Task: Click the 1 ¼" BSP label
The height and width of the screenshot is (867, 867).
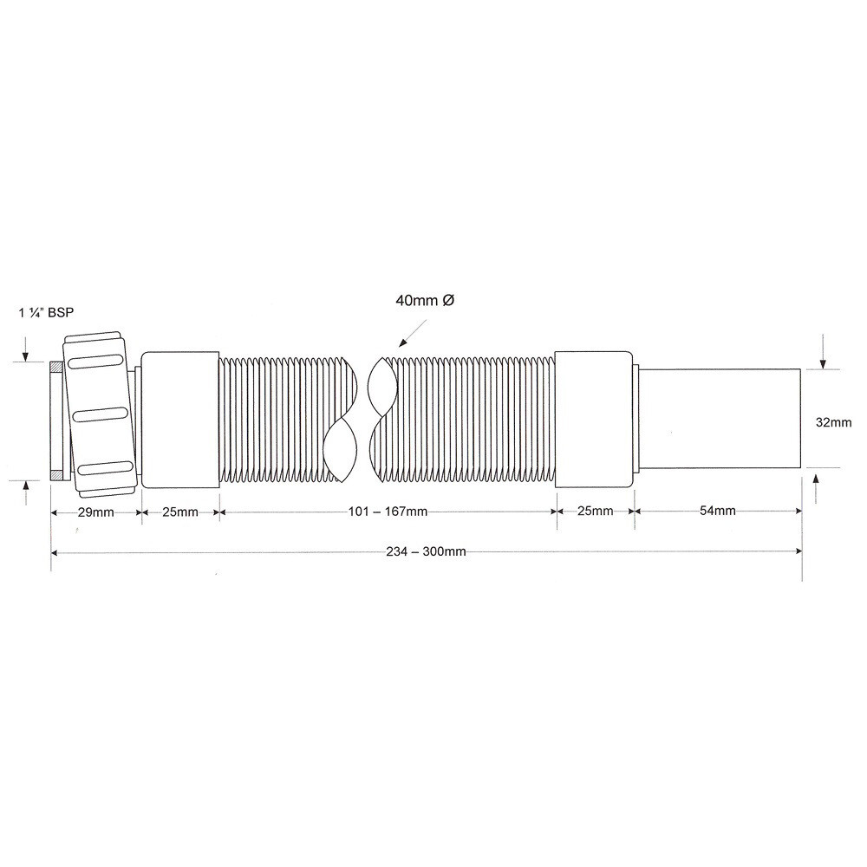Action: click(46, 313)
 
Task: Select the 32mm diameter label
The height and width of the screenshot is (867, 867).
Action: click(834, 422)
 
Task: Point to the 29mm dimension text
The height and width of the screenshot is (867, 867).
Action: click(95, 512)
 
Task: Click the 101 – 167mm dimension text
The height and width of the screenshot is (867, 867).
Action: click(388, 512)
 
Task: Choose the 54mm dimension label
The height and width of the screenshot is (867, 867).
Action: click(718, 511)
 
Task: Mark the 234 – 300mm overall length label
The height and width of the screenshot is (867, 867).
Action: click(426, 551)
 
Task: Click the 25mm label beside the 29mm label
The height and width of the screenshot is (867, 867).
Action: click(180, 512)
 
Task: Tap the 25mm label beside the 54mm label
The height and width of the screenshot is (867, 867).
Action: click(595, 511)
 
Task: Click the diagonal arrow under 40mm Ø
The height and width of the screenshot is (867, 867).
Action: click(413, 334)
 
